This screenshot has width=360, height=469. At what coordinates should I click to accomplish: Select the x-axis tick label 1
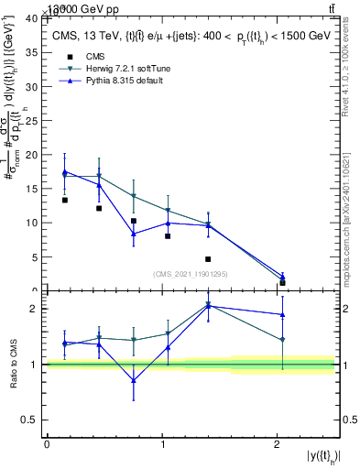[162, 444]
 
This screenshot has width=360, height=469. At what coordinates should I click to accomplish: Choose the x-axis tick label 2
[278, 444]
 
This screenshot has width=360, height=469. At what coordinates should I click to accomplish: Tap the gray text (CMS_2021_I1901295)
[190, 274]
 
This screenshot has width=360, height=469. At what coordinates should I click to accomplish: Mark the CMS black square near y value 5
[208, 259]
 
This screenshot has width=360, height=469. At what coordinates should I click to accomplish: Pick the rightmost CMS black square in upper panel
[282, 283]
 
